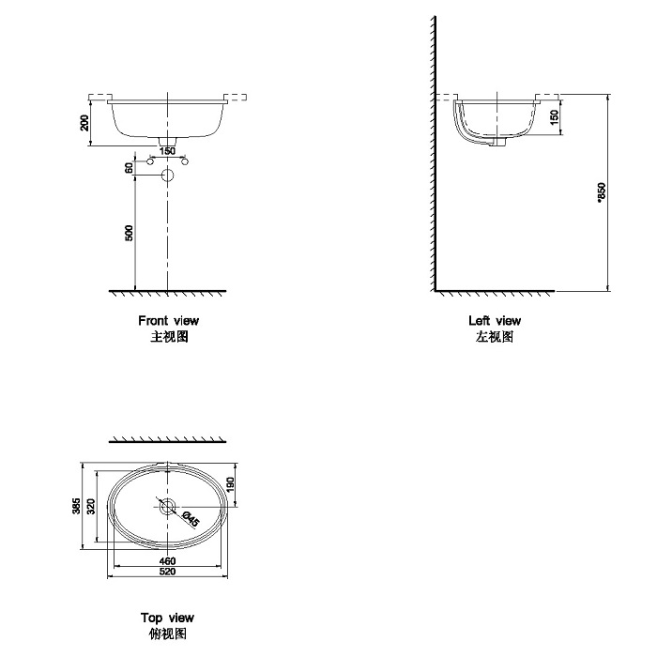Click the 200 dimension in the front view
pos(84,123)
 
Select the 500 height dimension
pos(129,232)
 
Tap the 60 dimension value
pos(129,168)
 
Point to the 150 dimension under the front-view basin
pos(167,151)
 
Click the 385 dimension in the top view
pos(76,506)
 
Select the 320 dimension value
pos(91,506)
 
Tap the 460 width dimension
pos(167,560)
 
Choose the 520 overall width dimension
pos(167,572)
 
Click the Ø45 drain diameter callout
pos(189,517)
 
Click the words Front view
pos(168,321)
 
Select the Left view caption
pos(494,321)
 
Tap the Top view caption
pos(167,618)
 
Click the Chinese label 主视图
pos(169,337)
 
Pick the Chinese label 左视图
pos(494,337)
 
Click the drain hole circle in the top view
pos(167,507)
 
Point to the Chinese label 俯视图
pos(167,634)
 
